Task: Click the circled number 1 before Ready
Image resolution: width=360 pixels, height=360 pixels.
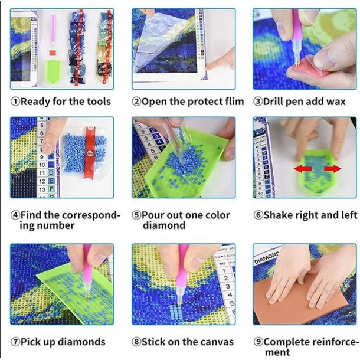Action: [x=15, y=102]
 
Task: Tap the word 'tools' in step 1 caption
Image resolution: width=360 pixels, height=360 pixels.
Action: [x=99, y=102]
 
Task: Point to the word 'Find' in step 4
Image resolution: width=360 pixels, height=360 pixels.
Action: [x=31, y=215]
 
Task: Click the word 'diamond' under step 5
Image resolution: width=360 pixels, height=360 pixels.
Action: [x=164, y=225]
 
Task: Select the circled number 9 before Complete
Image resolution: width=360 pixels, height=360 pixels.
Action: [x=258, y=342]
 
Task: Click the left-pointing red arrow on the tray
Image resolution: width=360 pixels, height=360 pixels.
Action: [x=303, y=169]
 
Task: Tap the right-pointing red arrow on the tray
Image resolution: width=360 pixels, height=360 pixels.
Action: [x=332, y=169]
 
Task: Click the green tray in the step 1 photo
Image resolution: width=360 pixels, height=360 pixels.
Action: [x=53, y=71]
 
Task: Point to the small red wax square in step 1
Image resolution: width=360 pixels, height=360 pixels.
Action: [x=53, y=53]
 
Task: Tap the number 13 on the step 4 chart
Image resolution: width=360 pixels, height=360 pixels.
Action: [x=42, y=189]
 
